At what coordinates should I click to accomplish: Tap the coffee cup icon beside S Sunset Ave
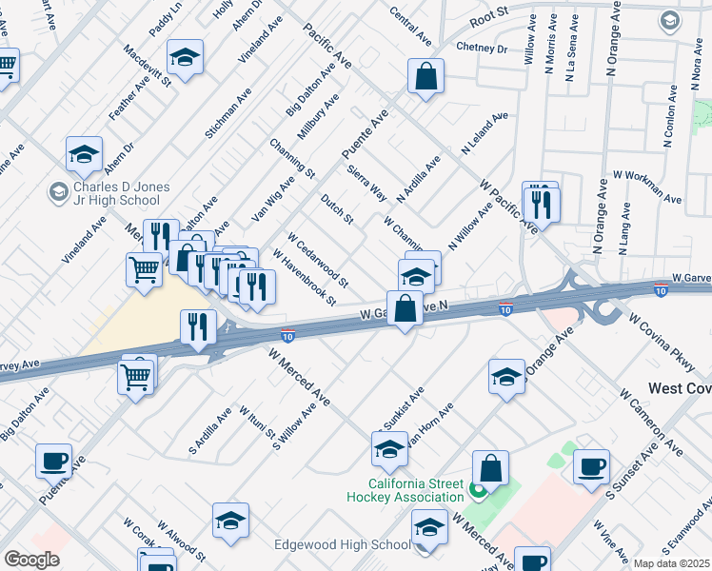[x=591, y=466]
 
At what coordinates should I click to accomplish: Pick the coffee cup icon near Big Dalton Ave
[x=54, y=461]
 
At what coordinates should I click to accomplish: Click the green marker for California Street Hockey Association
[x=476, y=492]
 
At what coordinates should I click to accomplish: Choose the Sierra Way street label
[x=366, y=181]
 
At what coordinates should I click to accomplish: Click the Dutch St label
[x=337, y=209]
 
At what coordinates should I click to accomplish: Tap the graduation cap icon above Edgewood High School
[x=428, y=526]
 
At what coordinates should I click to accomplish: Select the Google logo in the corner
[x=31, y=560]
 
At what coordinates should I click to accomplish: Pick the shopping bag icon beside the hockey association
[x=490, y=468]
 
